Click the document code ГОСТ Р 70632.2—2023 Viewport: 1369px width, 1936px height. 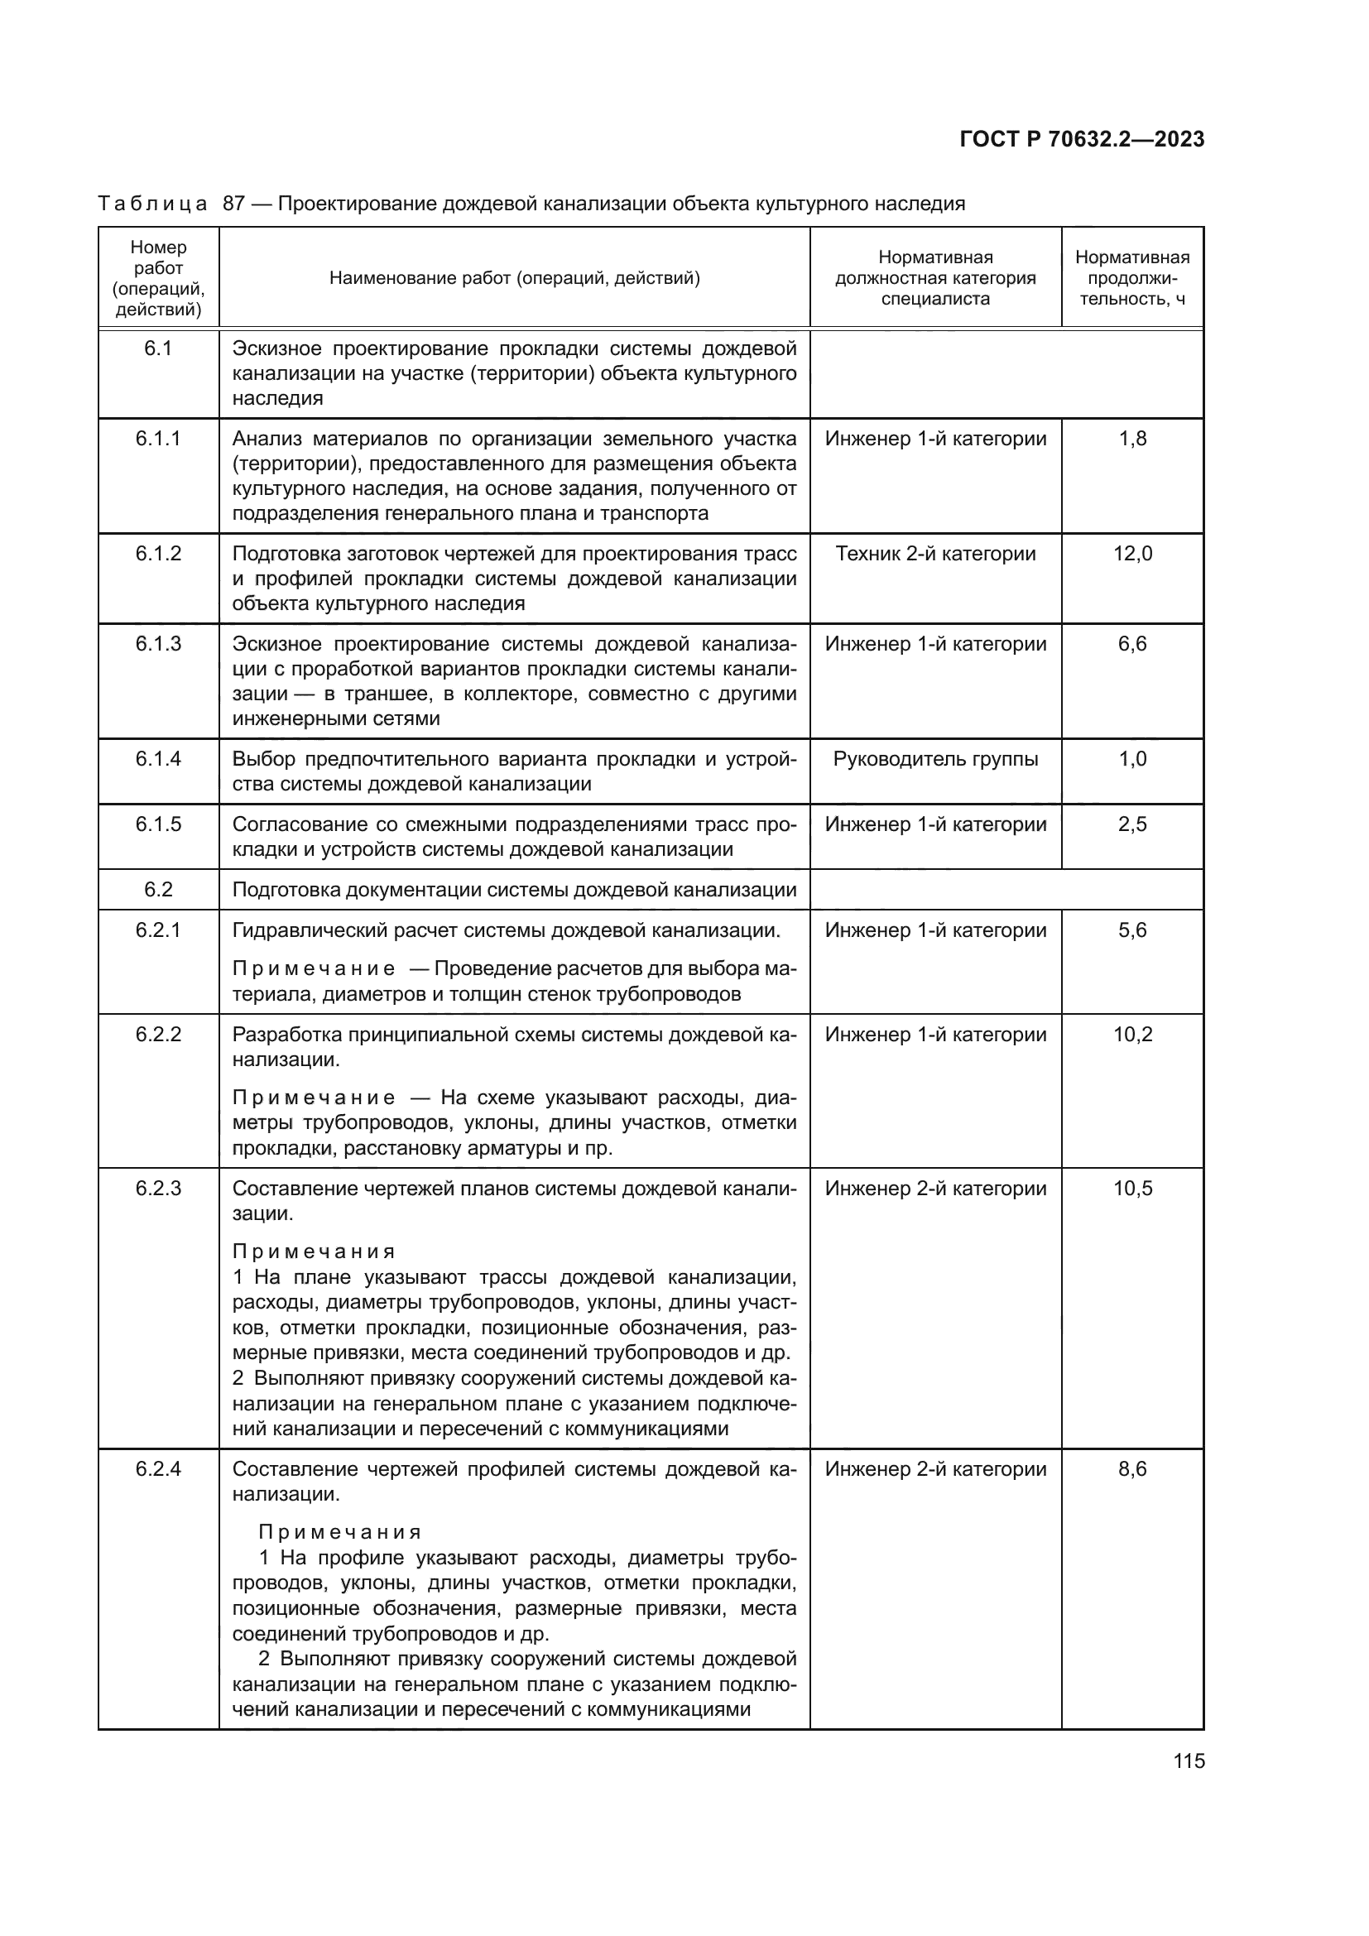coord(1082,140)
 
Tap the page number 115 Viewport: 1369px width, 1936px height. coord(1189,1761)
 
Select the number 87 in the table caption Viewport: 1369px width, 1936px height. coord(233,204)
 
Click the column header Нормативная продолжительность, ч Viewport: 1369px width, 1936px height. coord(1132,278)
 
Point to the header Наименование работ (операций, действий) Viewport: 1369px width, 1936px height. coord(514,278)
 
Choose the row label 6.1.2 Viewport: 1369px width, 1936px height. coord(157,554)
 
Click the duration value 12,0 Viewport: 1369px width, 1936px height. coord(1132,554)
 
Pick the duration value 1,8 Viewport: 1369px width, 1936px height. coord(1132,440)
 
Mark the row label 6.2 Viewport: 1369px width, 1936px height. coord(157,890)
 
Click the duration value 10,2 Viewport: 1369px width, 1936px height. coord(1132,1035)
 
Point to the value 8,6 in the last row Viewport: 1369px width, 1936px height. coord(1132,1469)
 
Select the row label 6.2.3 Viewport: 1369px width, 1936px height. coord(157,1188)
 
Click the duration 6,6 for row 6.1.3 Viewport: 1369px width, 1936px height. coord(1132,644)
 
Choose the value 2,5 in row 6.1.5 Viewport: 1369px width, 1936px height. coord(1132,824)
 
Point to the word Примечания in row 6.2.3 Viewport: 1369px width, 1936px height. coord(314,1251)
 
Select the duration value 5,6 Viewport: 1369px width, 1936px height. coord(1132,931)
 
